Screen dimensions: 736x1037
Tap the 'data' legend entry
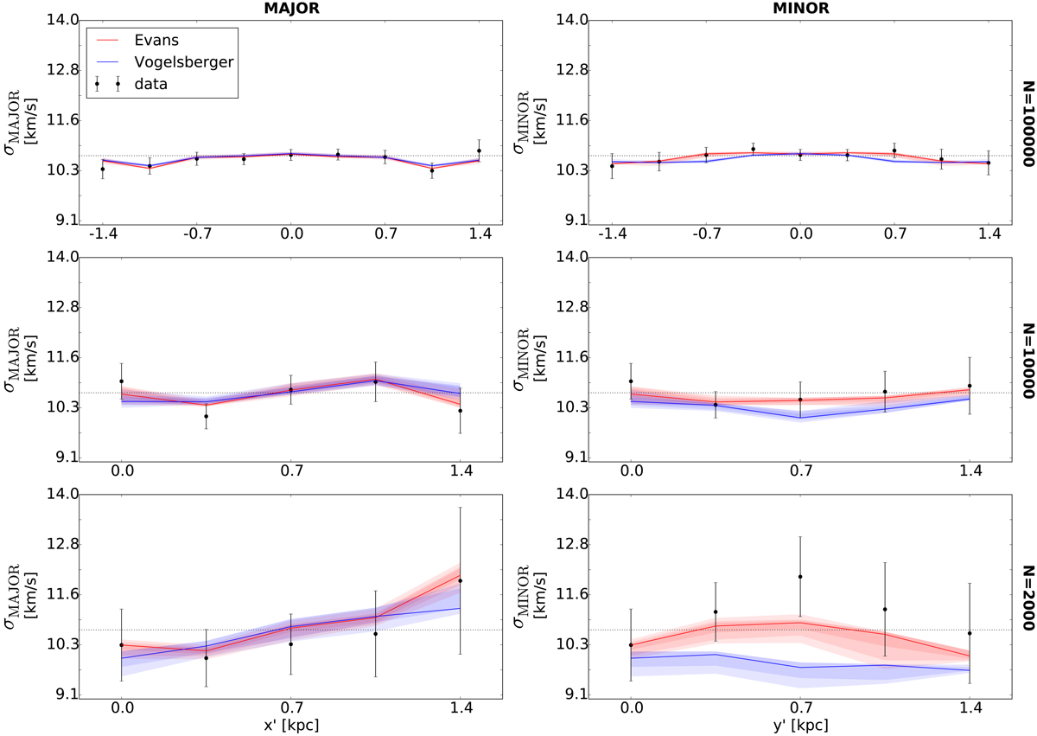[x=156, y=84]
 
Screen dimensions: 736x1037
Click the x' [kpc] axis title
[x=290, y=722]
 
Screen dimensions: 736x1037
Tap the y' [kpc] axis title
[x=800, y=722]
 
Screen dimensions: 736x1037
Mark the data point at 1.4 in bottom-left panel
[x=461, y=580]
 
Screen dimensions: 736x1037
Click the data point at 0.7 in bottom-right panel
[x=800, y=577]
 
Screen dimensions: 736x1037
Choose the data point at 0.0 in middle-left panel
[x=122, y=381]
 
